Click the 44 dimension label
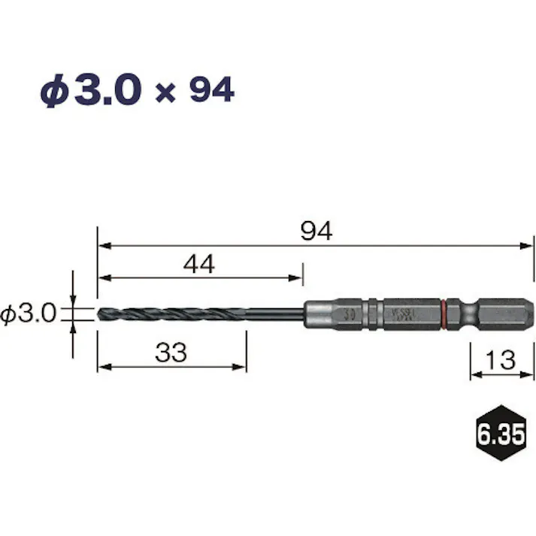pos(199,264)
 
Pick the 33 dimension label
pos(171,353)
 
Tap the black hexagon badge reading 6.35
pos(498,435)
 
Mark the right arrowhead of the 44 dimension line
pos(298,277)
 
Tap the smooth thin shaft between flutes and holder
pos(274,313)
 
